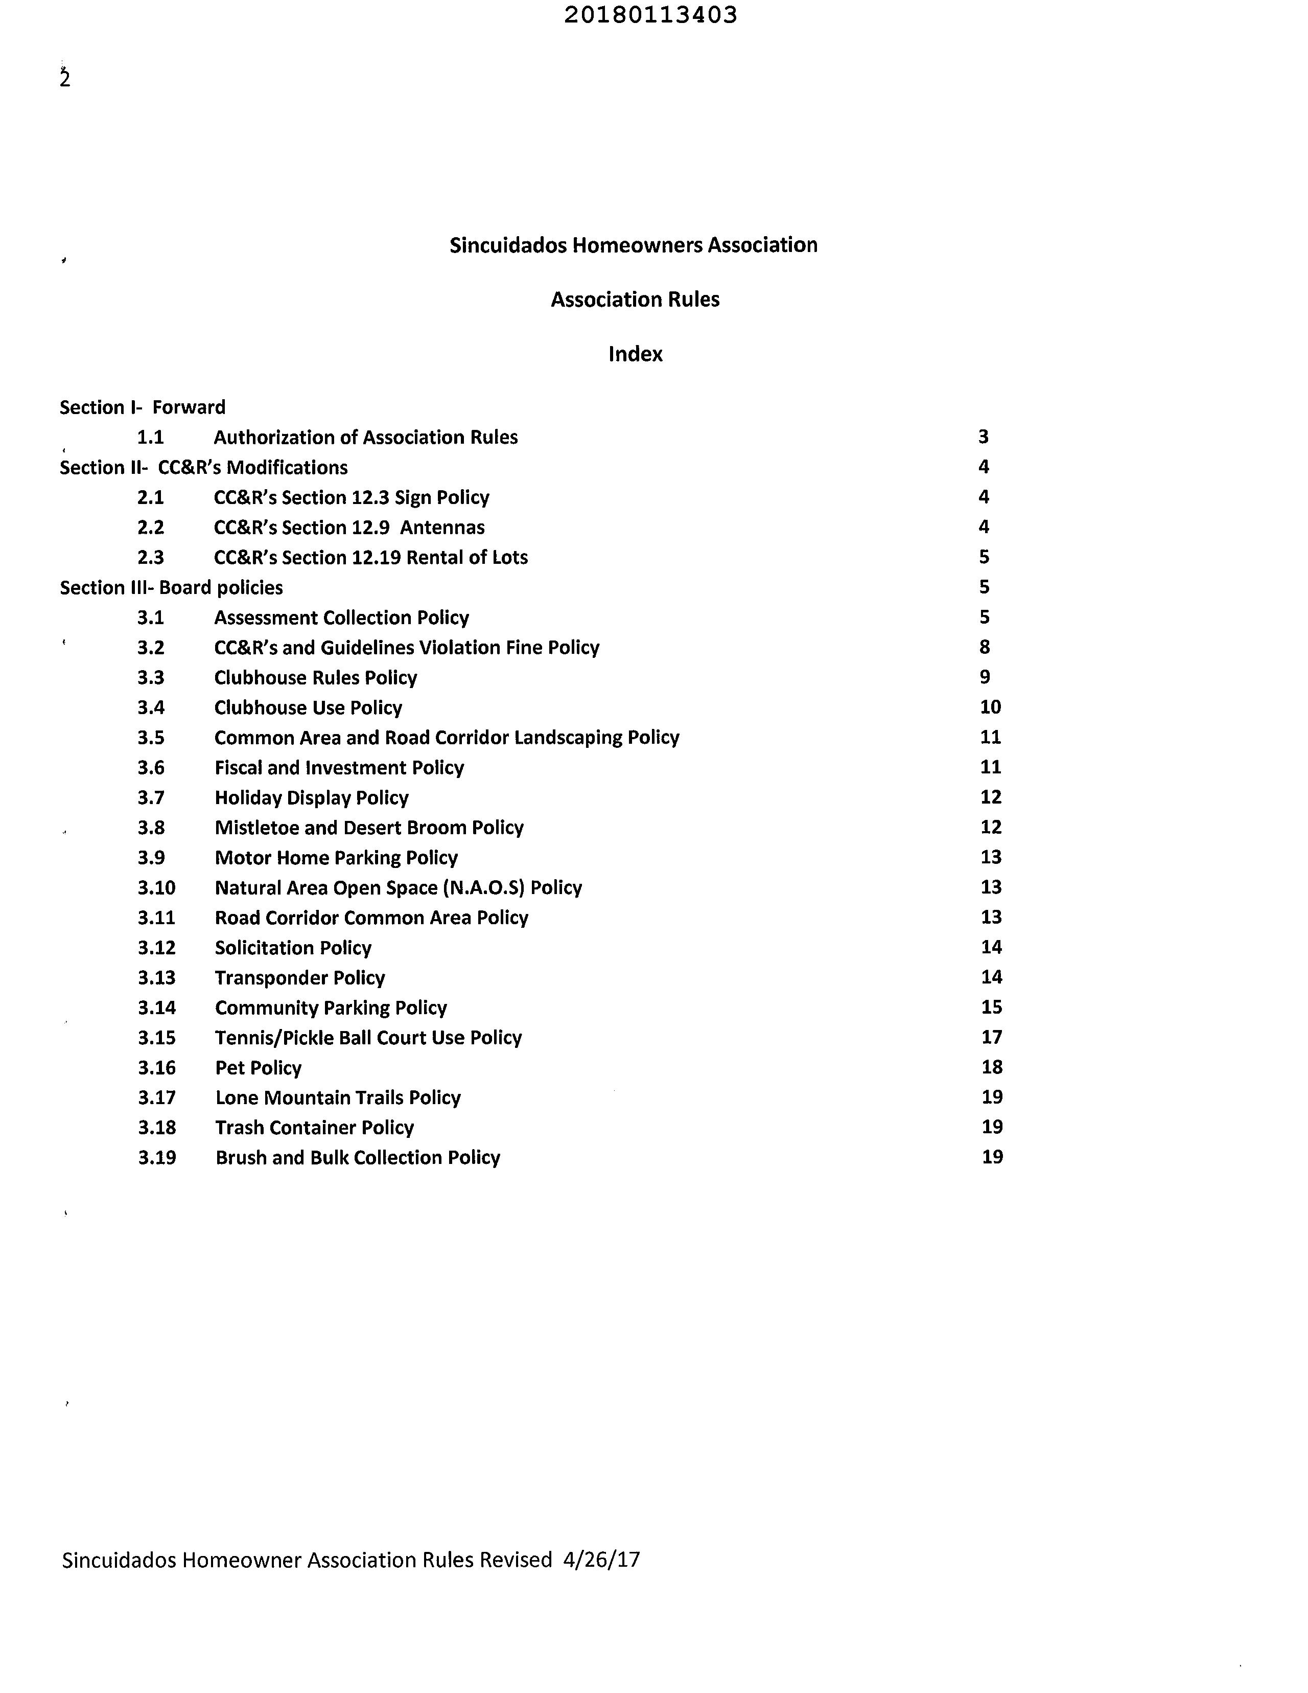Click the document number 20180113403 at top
[x=650, y=15]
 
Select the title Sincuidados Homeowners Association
[x=633, y=245]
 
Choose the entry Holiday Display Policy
[x=312, y=797]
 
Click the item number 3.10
[x=156, y=887]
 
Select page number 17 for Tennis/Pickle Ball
[x=991, y=1037]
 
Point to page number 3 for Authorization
[x=984, y=437]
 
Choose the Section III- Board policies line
[x=171, y=587]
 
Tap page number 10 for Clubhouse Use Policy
[x=990, y=707]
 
